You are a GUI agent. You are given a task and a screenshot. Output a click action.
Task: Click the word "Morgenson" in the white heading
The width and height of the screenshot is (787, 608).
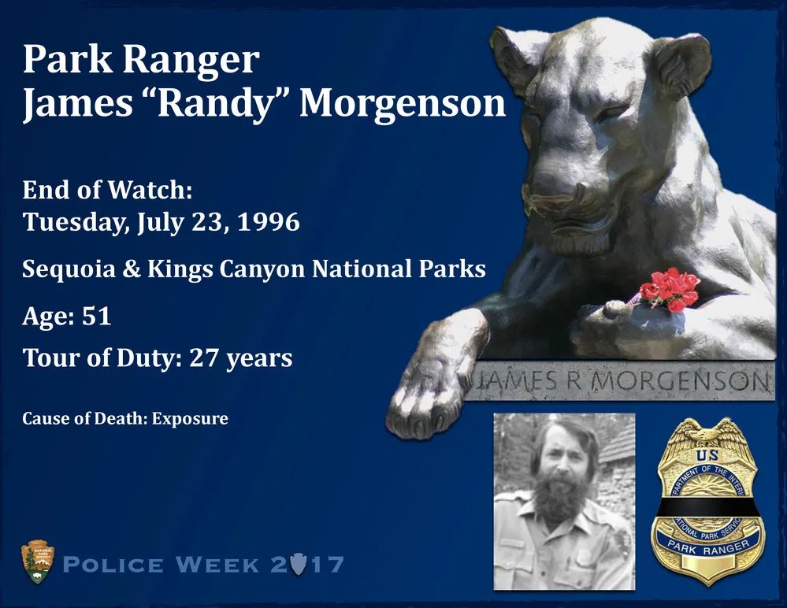click(403, 103)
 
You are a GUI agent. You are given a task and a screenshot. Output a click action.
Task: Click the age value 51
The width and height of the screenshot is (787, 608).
click(96, 316)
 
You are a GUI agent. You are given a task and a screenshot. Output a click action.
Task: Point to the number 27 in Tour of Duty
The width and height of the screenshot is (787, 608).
click(205, 358)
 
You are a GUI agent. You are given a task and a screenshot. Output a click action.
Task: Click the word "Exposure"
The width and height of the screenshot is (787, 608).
click(190, 418)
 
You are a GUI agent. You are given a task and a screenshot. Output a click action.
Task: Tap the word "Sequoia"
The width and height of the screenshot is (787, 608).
click(69, 270)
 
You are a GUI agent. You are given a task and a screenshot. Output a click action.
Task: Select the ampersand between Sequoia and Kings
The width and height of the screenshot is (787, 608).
click(132, 269)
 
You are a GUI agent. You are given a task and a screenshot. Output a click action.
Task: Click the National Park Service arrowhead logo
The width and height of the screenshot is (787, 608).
click(38, 562)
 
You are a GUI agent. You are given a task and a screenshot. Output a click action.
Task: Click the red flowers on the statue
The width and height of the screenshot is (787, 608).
click(669, 290)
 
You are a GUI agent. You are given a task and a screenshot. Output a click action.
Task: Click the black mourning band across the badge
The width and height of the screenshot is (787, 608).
click(707, 510)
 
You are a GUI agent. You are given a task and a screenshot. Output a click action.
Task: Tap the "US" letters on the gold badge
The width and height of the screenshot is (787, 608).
click(707, 456)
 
